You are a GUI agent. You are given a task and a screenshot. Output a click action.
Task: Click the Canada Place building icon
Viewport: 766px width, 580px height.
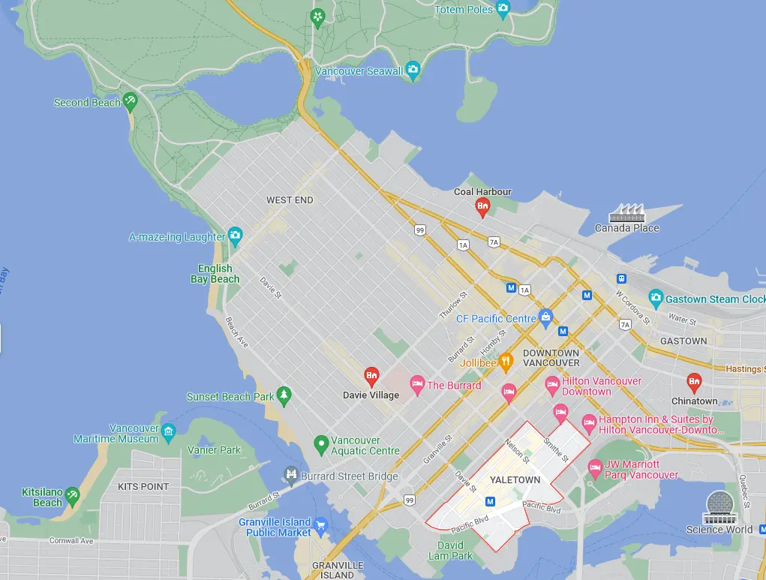pyautogui.click(x=626, y=212)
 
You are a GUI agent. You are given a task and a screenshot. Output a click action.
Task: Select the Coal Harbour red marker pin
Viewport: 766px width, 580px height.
pyautogui.click(x=482, y=206)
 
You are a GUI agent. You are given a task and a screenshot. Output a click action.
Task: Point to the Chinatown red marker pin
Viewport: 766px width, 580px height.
pyautogui.click(x=694, y=383)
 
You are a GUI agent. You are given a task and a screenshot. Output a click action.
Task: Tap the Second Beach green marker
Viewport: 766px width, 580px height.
pyautogui.click(x=130, y=100)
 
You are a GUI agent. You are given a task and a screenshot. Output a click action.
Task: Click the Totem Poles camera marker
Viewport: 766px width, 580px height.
pyautogui.click(x=503, y=9)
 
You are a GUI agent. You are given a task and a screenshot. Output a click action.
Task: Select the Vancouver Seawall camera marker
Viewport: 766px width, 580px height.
pyautogui.click(x=413, y=71)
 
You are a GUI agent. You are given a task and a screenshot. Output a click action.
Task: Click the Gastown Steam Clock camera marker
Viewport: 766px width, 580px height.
pyautogui.click(x=655, y=298)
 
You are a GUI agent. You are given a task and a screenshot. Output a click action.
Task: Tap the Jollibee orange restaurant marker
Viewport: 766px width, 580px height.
pyautogui.click(x=506, y=362)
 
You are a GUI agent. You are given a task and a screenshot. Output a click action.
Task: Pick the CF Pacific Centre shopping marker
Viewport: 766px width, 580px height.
pyautogui.click(x=545, y=317)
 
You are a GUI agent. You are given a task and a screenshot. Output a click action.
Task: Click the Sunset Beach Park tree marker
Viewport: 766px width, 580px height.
pyautogui.click(x=283, y=394)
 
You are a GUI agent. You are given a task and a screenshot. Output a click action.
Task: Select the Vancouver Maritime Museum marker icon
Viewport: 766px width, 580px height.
pyautogui.click(x=168, y=431)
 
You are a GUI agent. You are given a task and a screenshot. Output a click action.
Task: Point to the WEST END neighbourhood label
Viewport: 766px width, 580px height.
pyautogui.click(x=290, y=200)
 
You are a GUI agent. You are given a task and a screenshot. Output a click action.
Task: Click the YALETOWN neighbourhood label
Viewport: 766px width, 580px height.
pyautogui.click(x=514, y=479)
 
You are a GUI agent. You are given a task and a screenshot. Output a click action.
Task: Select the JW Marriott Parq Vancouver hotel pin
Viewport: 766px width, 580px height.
pyautogui.click(x=595, y=468)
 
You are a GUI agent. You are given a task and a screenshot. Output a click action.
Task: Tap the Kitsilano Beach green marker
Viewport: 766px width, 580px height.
pyautogui.click(x=72, y=494)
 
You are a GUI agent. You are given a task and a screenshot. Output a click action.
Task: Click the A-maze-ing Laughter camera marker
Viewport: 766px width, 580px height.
pyautogui.click(x=235, y=236)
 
